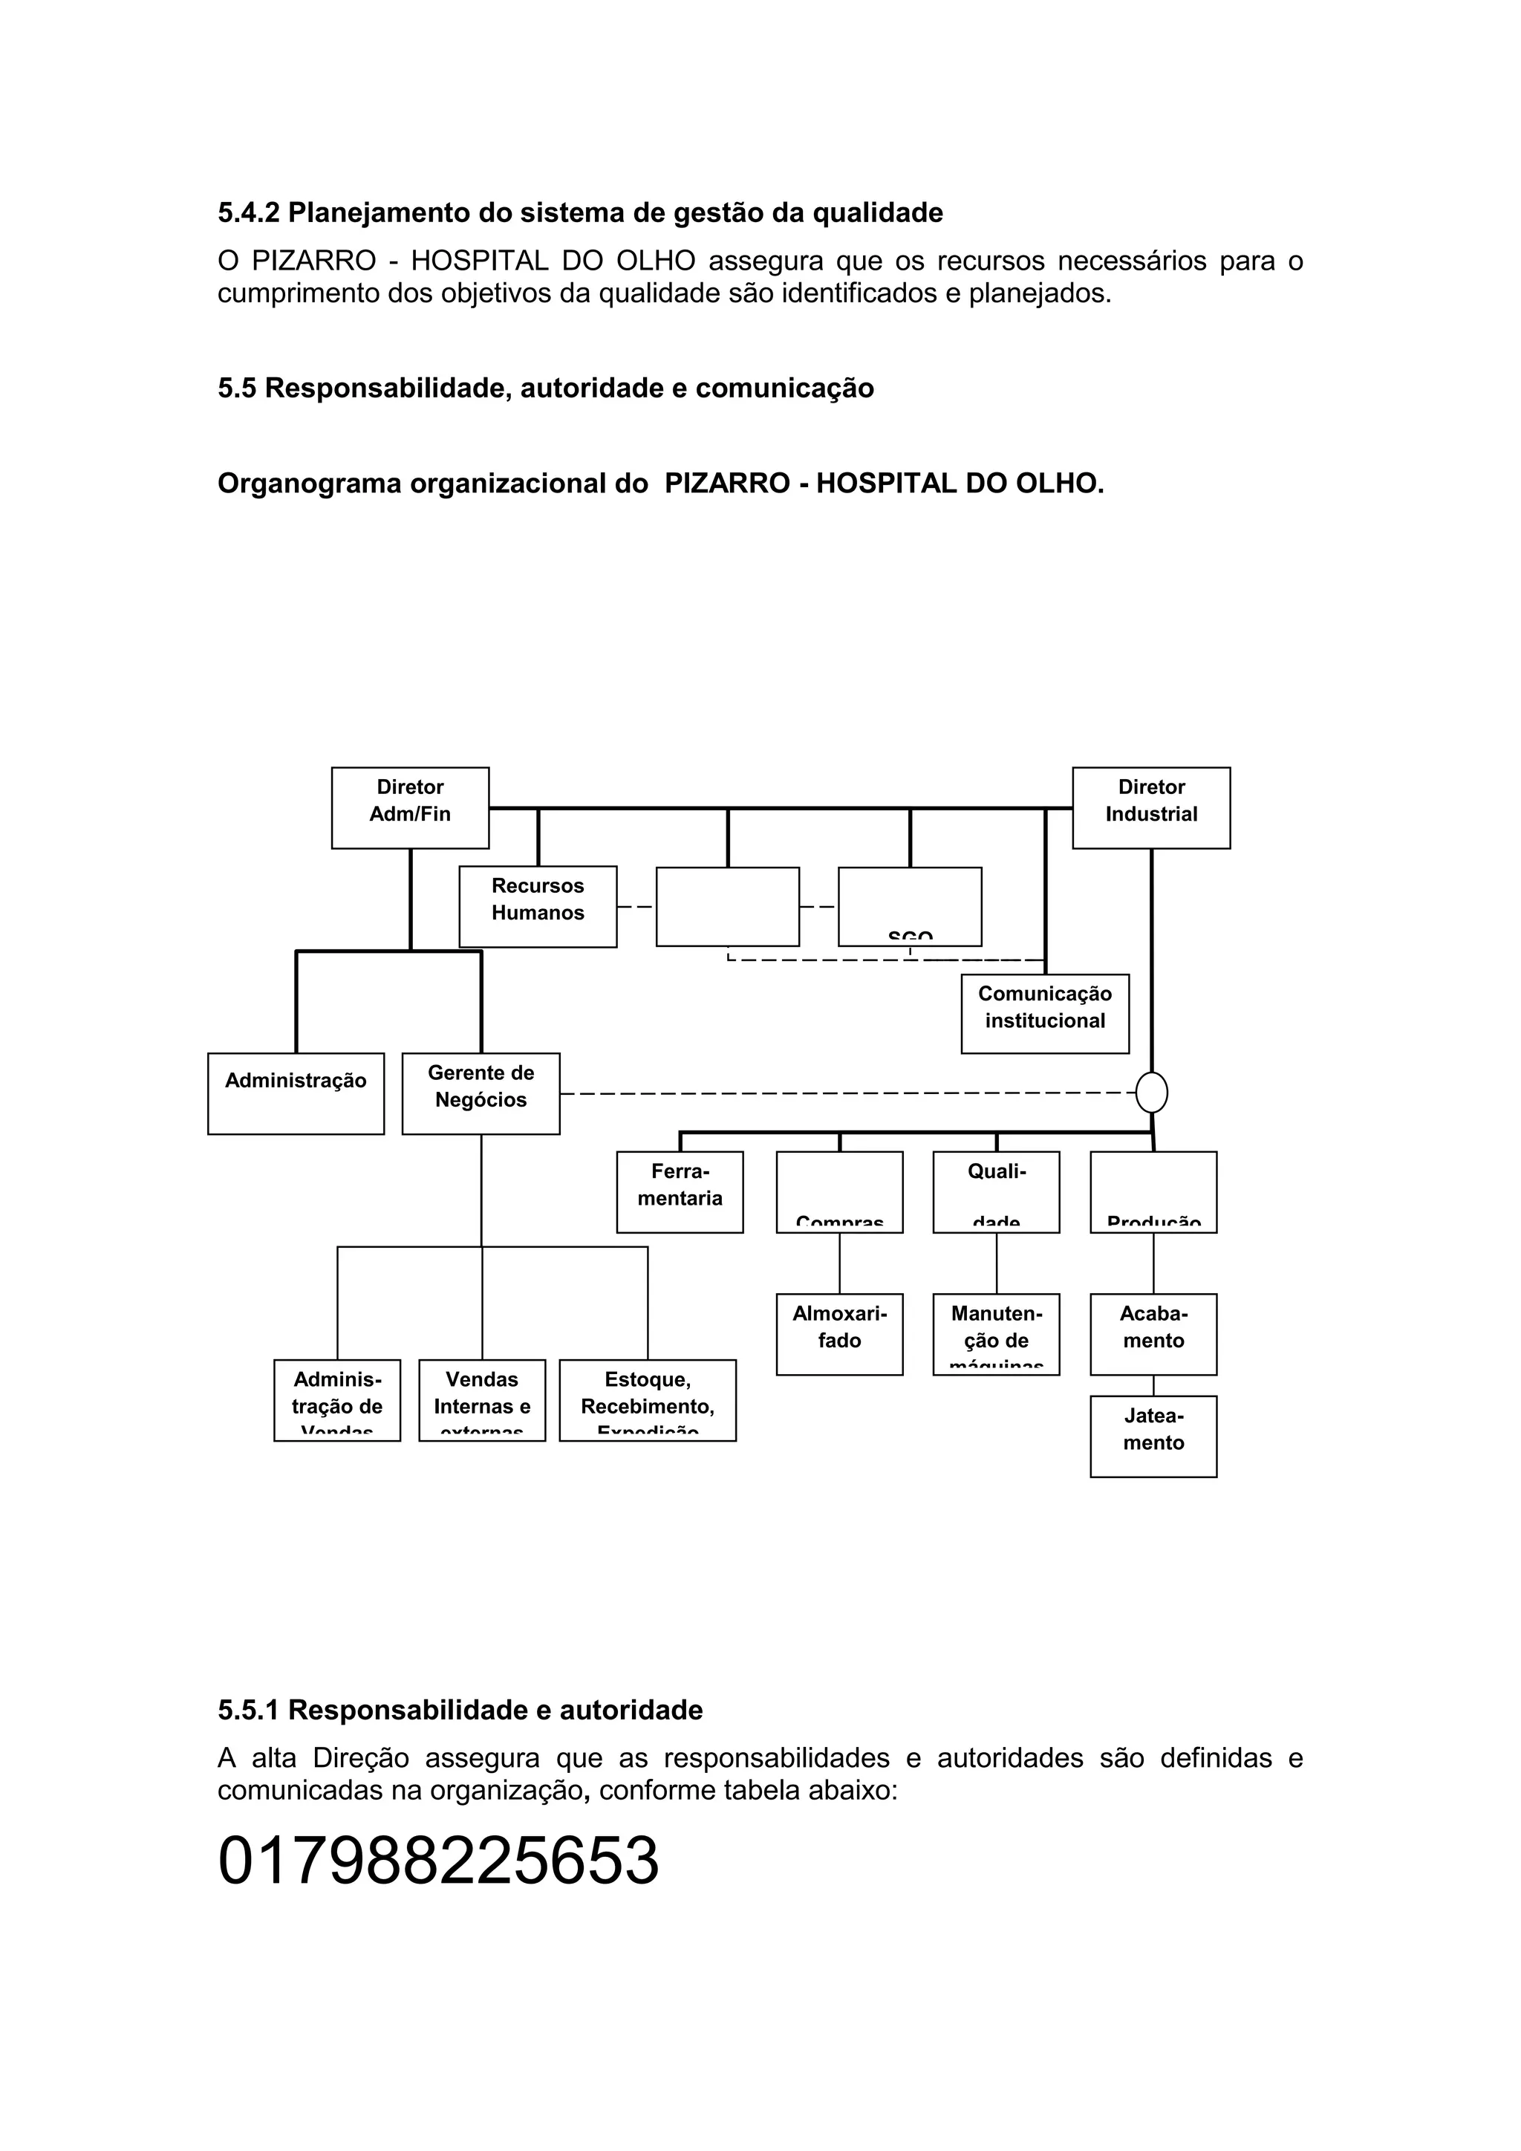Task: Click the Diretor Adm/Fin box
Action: pos(410,807)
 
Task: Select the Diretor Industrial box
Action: pos(1151,807)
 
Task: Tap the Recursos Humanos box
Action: pos(538,906)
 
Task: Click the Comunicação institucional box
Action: pos(1045,1014)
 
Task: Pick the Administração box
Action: pos(296,1093)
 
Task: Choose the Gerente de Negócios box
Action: pos(481,1093)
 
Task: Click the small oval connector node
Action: pos(1151,1093)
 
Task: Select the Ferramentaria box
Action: pos(680,1191)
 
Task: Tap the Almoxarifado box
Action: pos(839,1334)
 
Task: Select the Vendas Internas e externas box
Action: pos(481,1399)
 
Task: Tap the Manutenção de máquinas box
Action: pos(996,1334)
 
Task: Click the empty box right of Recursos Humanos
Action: pos(728,906)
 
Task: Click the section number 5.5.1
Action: pos(248,1710)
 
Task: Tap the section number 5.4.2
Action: pos(248,212)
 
